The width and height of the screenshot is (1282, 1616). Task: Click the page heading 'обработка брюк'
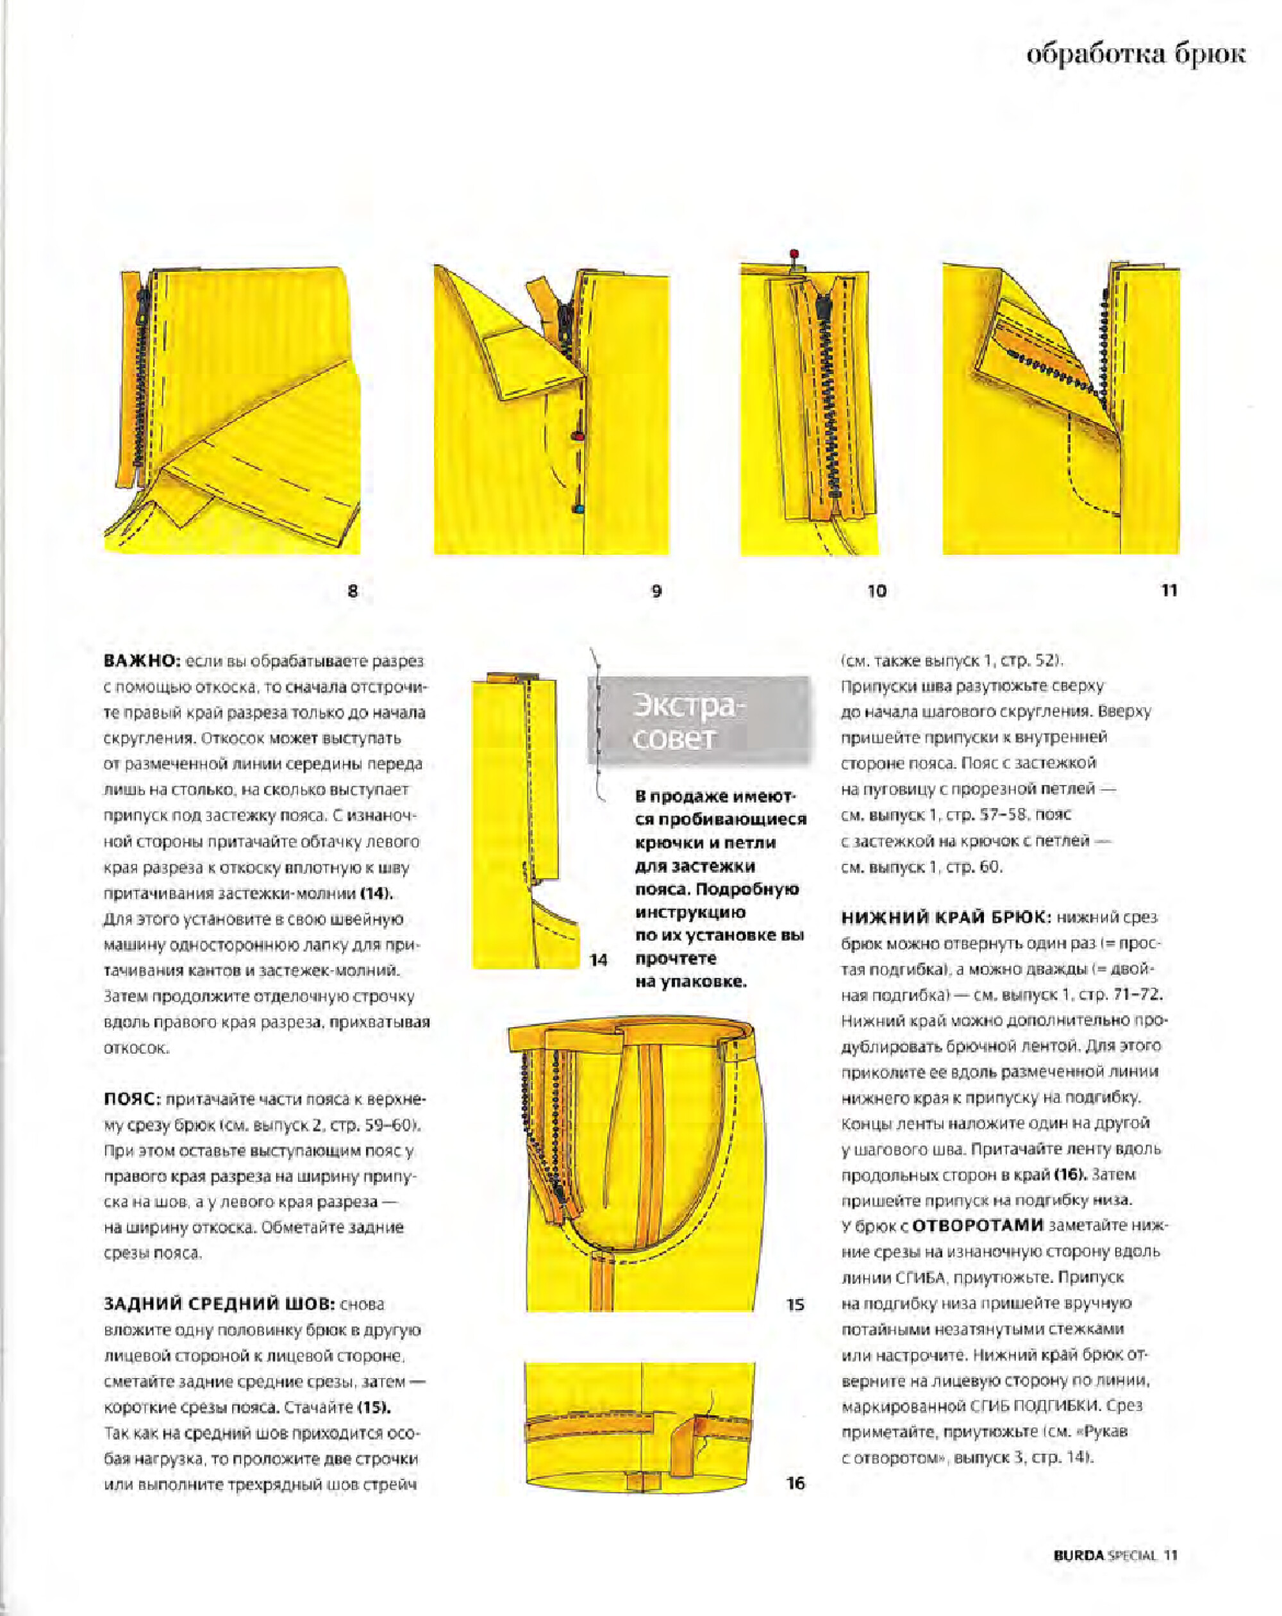click(1135, 56)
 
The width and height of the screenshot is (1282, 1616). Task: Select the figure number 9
click(656, 591)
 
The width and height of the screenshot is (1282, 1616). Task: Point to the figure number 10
click(877, 591)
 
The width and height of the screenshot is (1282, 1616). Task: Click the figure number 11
click(1169, 591)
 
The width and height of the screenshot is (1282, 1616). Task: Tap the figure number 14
click(598, 959)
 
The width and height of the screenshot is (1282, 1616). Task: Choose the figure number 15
click(795, 1304)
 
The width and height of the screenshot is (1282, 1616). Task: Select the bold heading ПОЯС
click(132, 1100)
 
